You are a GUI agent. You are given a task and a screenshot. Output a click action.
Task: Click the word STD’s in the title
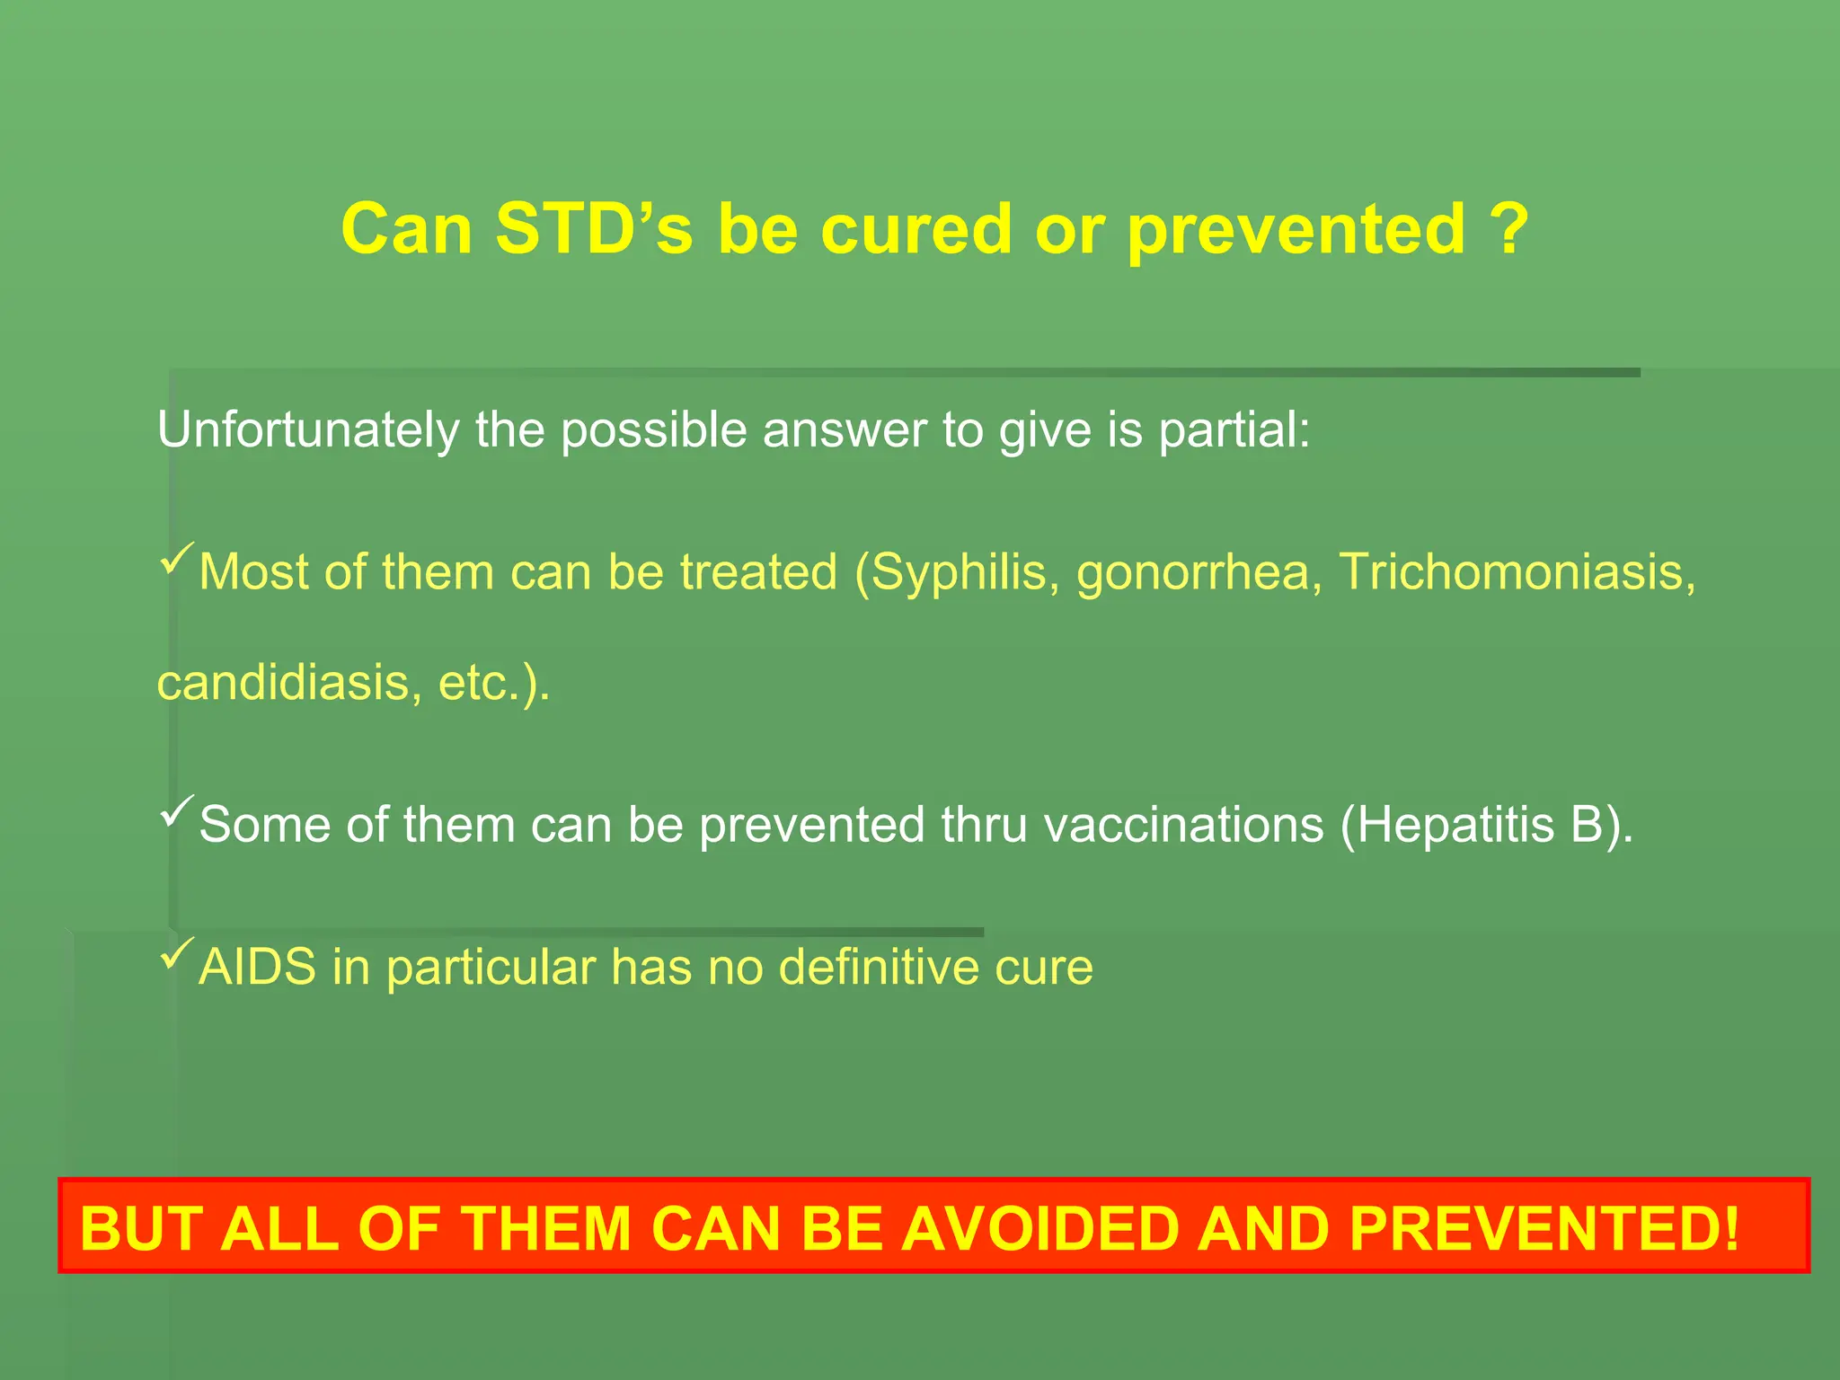pyautogui.click(x=593, y=230)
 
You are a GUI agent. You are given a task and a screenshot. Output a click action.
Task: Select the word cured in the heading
pyautogui.click(x=917, y=230)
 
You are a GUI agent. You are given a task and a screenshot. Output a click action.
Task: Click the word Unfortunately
pyautogui.click(x=307, y=429)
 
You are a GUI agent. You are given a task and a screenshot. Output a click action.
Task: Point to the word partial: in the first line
pyautogui.click(x=1234, y=429)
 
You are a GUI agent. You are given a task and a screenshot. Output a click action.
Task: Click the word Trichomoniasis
pyautogui.click(x=1517, y=572)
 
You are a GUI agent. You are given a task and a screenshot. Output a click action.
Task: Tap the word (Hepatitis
pyautogui.click(x=1446, y=825)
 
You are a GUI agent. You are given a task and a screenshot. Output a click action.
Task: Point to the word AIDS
pyautogui.click(x=258, y=968)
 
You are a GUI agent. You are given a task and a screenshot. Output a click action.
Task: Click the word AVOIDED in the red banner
pyautogui.click(x=1039, y=1228)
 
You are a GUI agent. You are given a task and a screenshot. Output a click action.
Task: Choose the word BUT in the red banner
pyautogui.click(x=143, y=1228)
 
